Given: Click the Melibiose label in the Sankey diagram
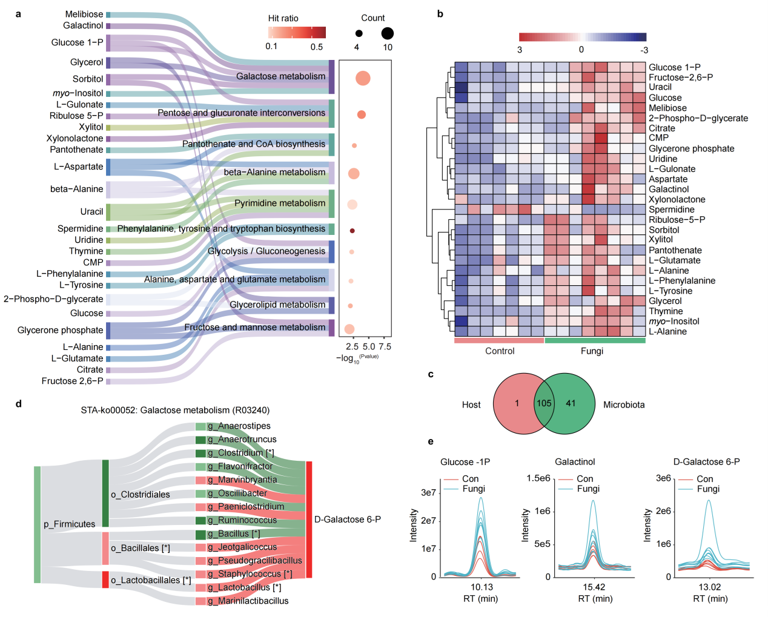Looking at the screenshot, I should point(84,14).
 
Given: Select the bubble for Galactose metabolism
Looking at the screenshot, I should point(363,78).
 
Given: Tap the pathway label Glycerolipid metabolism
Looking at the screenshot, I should point(277,305).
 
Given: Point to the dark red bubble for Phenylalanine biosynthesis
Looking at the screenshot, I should point(352,231).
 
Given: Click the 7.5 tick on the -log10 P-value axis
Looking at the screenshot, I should point(385,347).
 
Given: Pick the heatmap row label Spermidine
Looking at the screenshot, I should point(671,210).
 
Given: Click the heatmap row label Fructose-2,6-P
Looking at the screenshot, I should point(680,78).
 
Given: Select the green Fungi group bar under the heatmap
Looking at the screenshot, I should point(594,340).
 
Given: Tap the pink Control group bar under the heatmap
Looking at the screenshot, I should point(499,340).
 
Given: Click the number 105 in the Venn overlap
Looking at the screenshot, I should point(544,403).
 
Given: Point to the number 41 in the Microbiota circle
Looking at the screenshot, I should point(571,403).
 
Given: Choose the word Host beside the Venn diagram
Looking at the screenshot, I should point(471,404).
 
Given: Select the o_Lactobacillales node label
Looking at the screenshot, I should point(151,580).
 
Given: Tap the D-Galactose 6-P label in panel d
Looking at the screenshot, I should point(347,520).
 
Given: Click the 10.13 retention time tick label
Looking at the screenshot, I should point(482,587).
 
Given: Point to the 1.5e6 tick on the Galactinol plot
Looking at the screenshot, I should point(538,478).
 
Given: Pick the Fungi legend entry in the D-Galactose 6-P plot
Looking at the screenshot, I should point(708,489).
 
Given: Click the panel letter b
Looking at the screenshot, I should point(440,14).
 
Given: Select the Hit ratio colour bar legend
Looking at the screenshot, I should point(297,33).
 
